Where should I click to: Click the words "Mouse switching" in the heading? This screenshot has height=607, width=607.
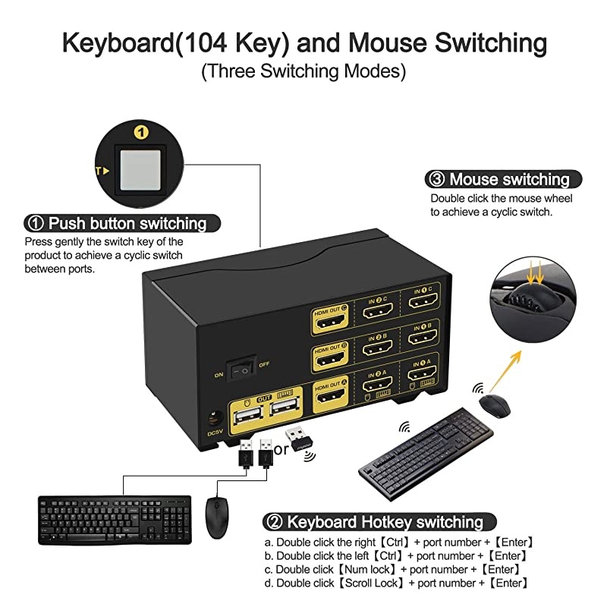[x=509, y=180]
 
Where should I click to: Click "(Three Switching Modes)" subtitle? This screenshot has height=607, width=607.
[x=303, y=73]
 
